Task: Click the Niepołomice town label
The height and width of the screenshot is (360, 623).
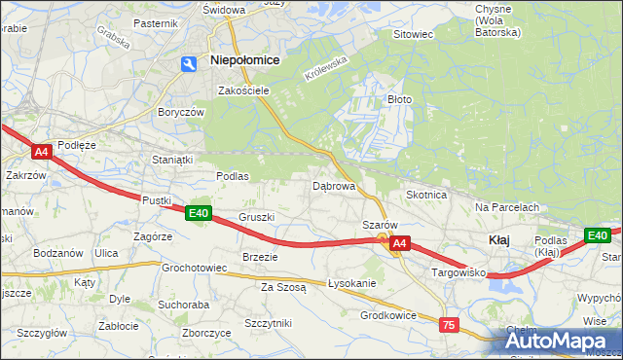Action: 245,60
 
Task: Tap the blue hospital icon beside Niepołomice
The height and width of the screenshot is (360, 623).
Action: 189,62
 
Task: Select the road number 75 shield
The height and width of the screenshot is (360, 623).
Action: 449,325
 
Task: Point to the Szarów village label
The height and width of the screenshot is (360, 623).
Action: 379,225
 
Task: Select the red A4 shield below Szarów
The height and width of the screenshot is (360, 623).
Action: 399,247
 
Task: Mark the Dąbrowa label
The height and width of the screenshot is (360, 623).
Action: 332,185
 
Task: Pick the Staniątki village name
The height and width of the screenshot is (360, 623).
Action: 173,159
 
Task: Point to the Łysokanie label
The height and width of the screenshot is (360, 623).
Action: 352,283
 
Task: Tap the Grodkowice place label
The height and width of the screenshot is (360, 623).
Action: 388,315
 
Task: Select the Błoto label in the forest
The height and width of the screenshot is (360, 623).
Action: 400,99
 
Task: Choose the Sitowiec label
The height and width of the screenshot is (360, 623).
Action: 412,34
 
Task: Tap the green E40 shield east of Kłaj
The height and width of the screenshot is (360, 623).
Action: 597,235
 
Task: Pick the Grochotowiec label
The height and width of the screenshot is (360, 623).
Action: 195,267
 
